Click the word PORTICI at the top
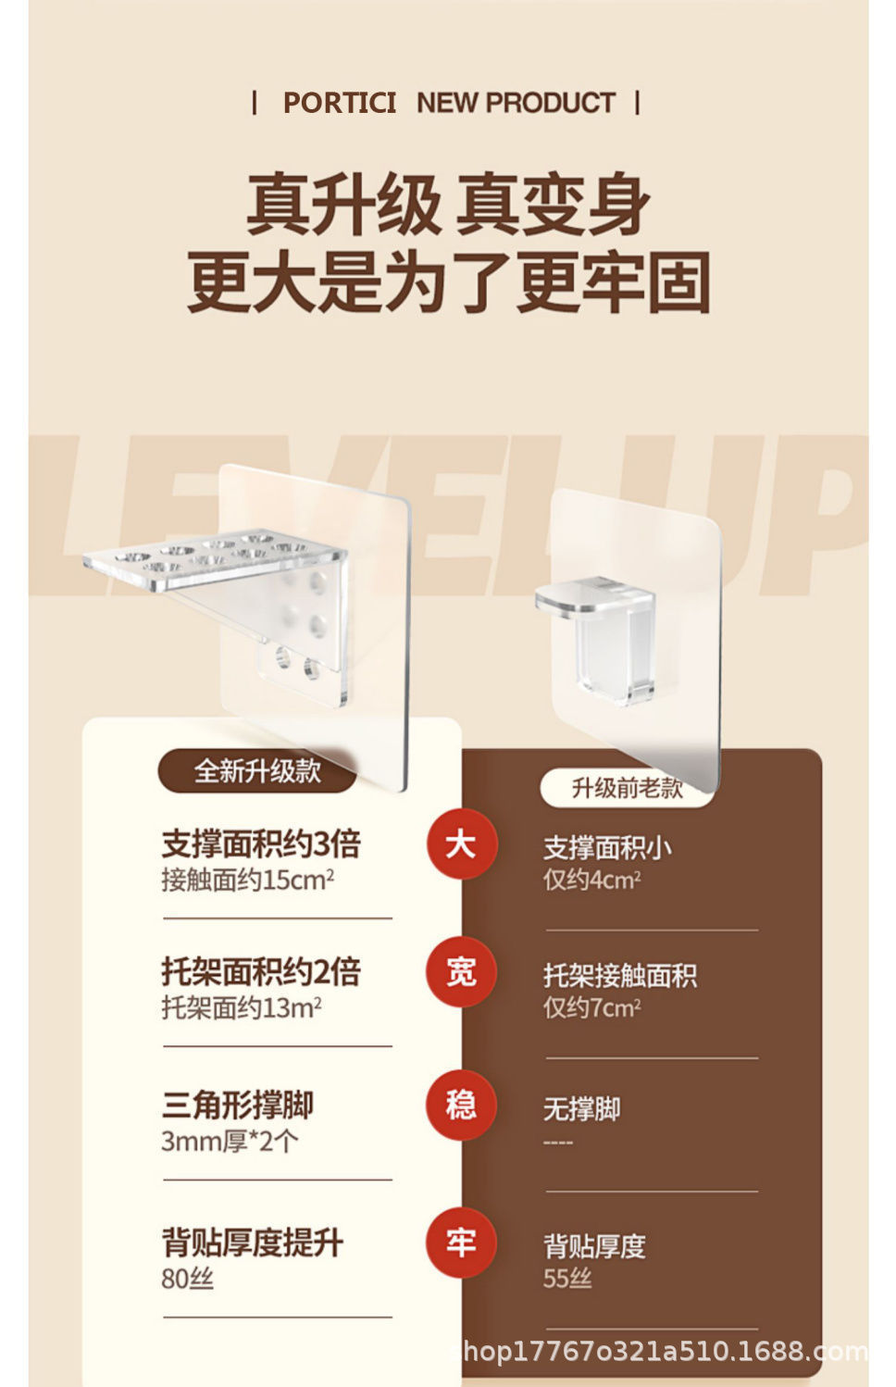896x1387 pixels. [340, 103]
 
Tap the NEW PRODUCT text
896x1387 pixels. [516, 103]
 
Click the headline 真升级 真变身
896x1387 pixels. [448, 205]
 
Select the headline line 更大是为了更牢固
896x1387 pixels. [448, 282]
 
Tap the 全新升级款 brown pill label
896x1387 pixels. [257, 771]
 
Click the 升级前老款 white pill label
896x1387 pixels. [627, 788]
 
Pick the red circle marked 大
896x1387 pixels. [461, 843]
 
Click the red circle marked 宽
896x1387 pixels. [461, 971]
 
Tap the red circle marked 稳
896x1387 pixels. [461, 1105]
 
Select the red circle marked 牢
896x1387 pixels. [461, 1243]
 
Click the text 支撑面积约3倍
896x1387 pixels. [261, 843]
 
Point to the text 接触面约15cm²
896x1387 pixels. [248, 880]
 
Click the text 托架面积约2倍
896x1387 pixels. [261, 971]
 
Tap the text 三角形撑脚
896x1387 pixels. [238, 1105]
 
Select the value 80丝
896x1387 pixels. [188, 1279]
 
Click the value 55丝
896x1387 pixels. [567, 1278]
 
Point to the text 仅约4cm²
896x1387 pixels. [592, 880]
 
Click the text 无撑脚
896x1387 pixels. [582, 1108]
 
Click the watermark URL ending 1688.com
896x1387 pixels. [666, 1351]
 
